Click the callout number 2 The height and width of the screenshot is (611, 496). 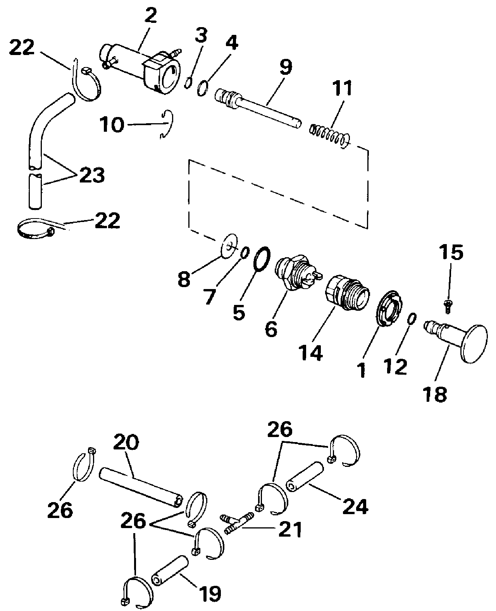point(151,16)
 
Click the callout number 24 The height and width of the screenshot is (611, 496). point(355,507)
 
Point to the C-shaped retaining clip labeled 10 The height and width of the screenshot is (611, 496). point(167,124)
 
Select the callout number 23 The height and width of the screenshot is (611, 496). point(92,175)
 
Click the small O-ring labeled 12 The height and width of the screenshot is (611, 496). point(412,319)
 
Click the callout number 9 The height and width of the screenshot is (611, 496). point(286,67)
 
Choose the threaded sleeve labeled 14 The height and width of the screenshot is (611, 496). point(347,293)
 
